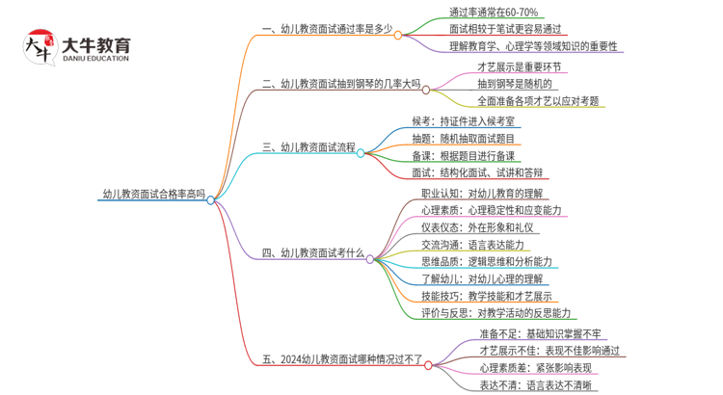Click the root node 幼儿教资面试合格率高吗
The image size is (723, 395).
point(153,193)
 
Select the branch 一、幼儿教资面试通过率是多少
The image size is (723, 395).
point(327,29)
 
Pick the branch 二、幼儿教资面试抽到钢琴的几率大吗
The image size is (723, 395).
point(341,85)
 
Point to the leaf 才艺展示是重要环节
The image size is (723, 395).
point(520,67)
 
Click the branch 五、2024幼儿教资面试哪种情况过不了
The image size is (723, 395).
point(341,359)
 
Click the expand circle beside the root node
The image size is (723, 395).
point(211,199)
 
